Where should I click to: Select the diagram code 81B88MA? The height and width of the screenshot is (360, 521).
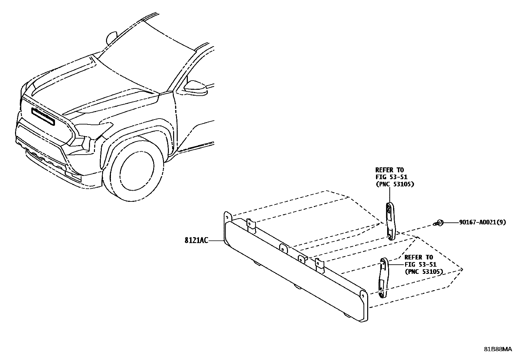498,349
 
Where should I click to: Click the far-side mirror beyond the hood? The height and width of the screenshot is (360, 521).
112,38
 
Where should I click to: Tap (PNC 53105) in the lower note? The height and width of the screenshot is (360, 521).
423,272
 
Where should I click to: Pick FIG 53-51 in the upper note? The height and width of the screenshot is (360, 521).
391,177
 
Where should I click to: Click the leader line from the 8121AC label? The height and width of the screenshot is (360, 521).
216,241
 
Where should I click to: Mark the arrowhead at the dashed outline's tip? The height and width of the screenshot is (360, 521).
461,270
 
